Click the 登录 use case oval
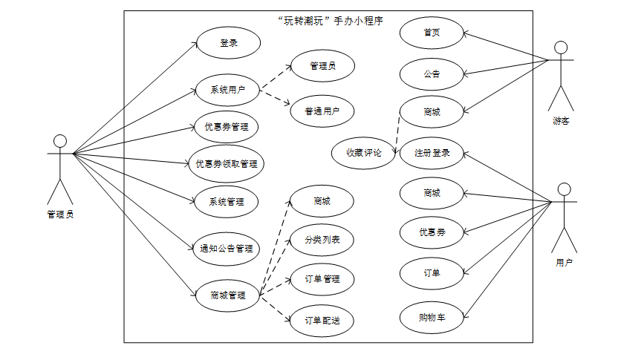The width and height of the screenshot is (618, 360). [228, 43]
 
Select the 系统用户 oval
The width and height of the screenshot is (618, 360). [228, 91]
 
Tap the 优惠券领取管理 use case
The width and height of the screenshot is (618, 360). [226, 164]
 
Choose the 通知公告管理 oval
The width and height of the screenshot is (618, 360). [227, 249]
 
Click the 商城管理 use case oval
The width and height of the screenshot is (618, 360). [228, 295]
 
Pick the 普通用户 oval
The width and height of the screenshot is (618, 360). [322, 111]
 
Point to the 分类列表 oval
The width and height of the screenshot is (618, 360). [322, 240]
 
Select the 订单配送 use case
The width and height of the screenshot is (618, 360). [322, 321]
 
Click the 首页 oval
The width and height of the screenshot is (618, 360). [432, 33]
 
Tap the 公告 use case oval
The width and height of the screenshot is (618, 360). [432, 73]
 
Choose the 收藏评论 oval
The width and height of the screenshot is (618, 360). [364, 153]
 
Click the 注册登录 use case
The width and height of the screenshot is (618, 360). [432, 153]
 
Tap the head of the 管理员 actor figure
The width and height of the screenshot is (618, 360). [60, 141]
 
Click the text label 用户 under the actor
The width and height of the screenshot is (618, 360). [564, 262]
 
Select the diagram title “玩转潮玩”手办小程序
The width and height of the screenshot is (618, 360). [328, 21]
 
